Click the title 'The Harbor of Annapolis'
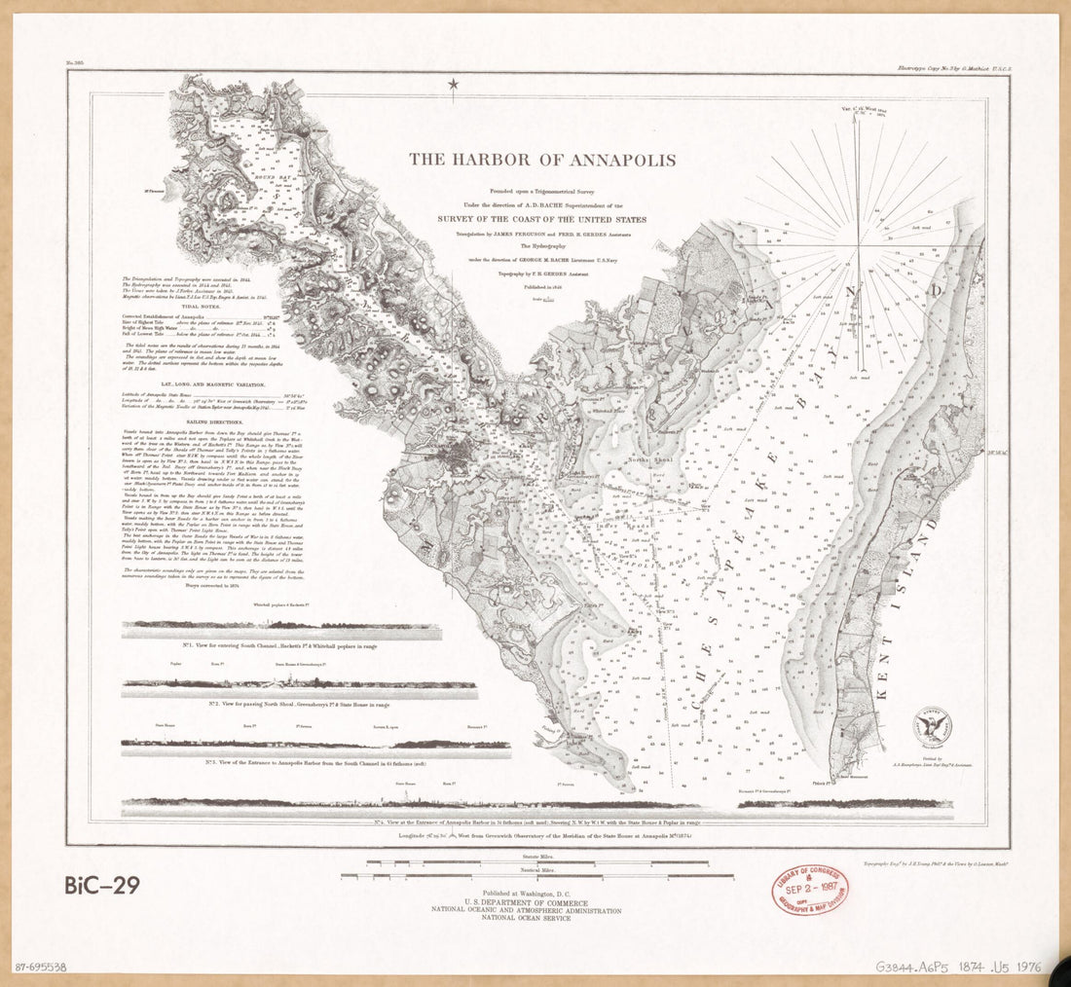542,160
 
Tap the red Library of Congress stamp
810,889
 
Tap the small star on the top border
453,86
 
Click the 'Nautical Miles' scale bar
537,876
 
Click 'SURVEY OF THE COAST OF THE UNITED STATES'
542,220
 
